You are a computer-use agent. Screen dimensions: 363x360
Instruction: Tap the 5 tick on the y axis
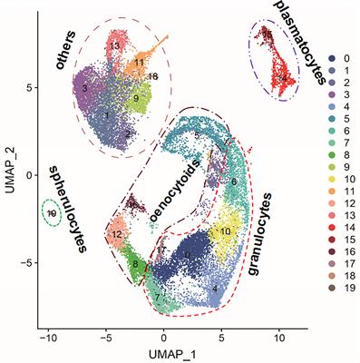tap(28, 88)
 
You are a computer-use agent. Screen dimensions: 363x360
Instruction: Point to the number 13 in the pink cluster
tap(114, 44)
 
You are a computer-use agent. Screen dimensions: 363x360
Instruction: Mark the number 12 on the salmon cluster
tap(117, 236)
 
